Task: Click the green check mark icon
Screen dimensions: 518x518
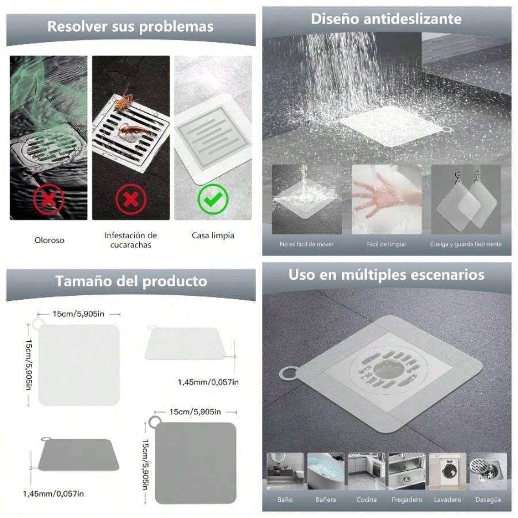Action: (213, 200)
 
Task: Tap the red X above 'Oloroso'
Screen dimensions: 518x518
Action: (48, 200)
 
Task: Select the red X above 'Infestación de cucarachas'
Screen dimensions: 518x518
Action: (131, 200)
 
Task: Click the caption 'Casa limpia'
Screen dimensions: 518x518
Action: (213, 235)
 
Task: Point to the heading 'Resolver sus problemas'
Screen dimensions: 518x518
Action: (130, 26)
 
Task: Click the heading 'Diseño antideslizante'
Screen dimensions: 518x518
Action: (386, 18)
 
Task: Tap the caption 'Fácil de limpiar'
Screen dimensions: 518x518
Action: (386, 244)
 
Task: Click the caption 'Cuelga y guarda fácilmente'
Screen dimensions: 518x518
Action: (466, 244)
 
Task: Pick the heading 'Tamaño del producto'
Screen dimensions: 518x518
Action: (131, 281)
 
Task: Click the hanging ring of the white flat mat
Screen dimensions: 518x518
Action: (37, 325)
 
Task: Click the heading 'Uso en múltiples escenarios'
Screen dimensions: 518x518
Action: (386, 275)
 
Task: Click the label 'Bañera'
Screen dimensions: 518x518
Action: (325, 500)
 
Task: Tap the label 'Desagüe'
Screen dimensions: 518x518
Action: (488, 500)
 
